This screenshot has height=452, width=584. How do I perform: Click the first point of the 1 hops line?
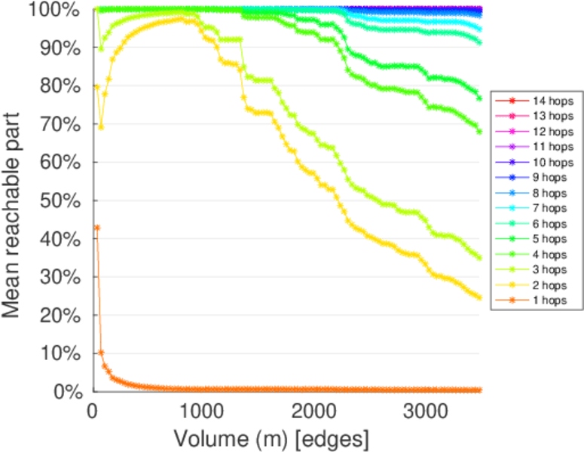(96, 228)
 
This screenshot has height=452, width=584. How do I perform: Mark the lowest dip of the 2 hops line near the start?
(101, 127)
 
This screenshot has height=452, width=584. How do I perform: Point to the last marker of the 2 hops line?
(479, 298)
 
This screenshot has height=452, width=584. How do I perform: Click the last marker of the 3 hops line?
(479, 258)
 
